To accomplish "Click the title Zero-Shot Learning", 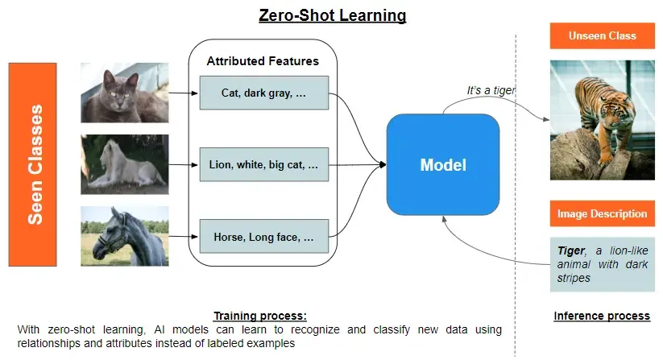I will click(x=332, y=15).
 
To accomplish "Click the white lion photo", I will click(x=124, y=164).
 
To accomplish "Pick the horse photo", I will click(x=124, y=236).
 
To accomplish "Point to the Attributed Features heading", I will click(x=263, y=61).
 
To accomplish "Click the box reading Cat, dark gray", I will click(x=263, y=93).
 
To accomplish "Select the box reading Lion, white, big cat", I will click(x=263, y=165).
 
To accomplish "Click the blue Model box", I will click(x=443, y=166).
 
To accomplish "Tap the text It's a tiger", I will click(x=491, y=91).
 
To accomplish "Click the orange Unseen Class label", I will click(x=602, y=36).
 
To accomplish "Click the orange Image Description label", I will click(x=602, y=214).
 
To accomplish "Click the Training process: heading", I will click(x=259, y=316).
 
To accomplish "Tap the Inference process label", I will click(x=602, y=316).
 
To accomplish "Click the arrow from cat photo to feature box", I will click(x=184, y=93).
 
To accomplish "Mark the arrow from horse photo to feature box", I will click(x=184, y=237).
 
